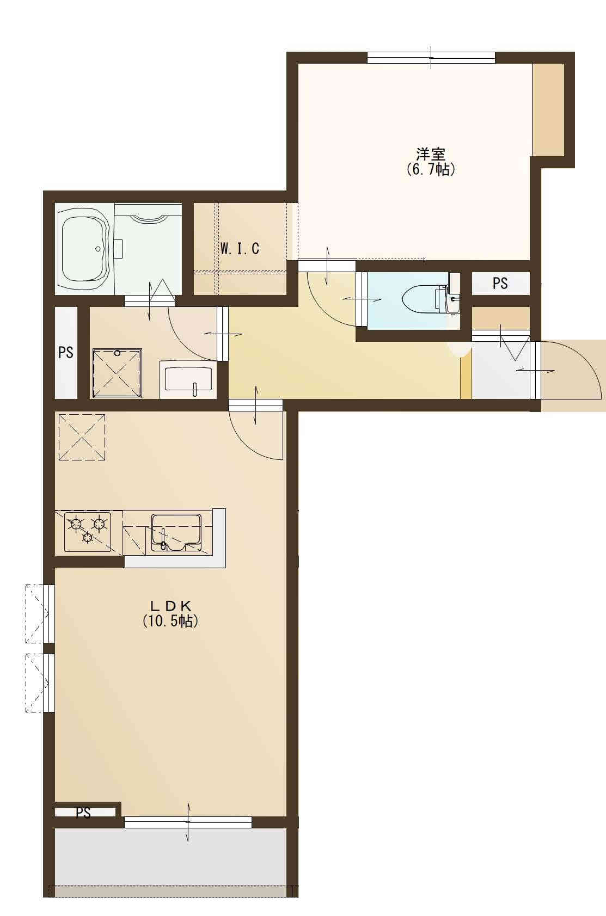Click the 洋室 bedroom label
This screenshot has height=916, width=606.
pos(431,154)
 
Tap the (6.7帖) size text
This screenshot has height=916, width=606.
pos(431,169)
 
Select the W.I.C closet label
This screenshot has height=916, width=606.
pos(240,248)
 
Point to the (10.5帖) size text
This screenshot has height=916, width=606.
pos(171,621)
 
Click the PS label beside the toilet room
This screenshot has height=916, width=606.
pos(500,284)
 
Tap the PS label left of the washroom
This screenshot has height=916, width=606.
pos(66,352)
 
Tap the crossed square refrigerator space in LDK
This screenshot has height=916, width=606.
pos(82,437)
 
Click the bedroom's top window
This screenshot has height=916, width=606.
pos(431,58)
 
